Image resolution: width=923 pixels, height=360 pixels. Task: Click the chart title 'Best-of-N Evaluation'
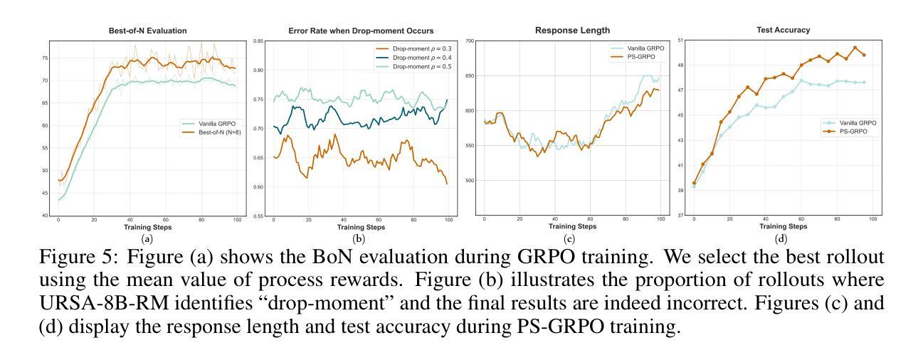133,31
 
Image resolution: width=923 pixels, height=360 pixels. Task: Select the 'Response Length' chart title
571,31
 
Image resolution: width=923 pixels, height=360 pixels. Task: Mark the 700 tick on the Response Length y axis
469,41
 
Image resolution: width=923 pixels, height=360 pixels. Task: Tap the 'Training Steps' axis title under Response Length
571,227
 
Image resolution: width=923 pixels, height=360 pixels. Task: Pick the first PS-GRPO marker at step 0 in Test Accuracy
694,183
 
